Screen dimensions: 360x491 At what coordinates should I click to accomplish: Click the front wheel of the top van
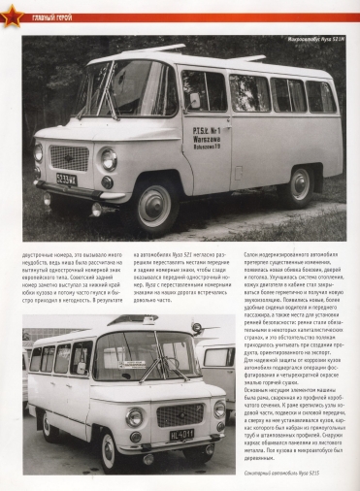point(155,208)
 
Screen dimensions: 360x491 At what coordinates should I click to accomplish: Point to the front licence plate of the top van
point(66,179)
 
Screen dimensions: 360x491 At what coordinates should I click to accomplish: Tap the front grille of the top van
point(69,156)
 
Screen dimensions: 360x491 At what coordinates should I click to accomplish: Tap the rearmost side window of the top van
point(319,97)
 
